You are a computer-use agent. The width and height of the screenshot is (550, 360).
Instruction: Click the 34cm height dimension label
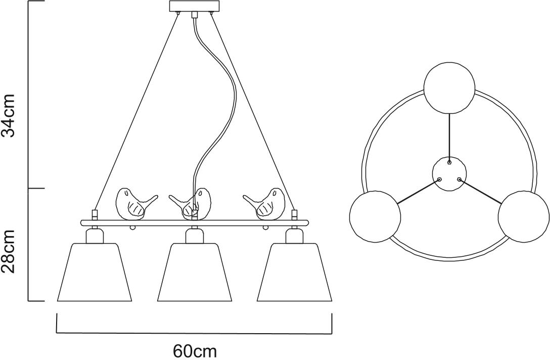pos(8,115)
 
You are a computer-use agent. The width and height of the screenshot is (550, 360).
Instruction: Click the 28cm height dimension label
pos(8,252)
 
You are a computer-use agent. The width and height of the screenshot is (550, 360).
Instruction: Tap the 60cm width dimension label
pos(195,350)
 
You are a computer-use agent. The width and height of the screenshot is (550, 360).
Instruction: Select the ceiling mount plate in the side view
pos(194,6)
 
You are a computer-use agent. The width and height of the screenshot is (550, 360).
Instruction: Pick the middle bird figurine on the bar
pos(191,203)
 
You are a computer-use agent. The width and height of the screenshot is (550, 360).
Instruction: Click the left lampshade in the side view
pos(95,272)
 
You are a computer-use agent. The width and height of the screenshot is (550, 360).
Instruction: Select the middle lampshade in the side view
pos(194,272)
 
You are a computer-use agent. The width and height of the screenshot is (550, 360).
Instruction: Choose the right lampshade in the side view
pos(294,272)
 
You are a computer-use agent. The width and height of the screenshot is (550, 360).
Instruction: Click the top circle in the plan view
pos(449,87)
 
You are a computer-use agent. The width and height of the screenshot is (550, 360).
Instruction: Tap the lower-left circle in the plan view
pos(375,216)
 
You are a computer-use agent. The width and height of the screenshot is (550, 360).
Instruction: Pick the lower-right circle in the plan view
pos(523,216)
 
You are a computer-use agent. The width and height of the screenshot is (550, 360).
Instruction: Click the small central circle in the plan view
pos(449,174)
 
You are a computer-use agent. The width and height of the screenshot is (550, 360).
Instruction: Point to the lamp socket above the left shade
pos(95,235)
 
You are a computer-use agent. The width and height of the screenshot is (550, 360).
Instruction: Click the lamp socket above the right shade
pos(294,235)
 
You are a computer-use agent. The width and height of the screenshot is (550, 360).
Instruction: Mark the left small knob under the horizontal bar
pos(132,228)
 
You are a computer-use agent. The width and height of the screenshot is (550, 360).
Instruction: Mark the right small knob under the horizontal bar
pos(266,228)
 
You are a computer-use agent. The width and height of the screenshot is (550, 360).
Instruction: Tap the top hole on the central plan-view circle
pos(449,162)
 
